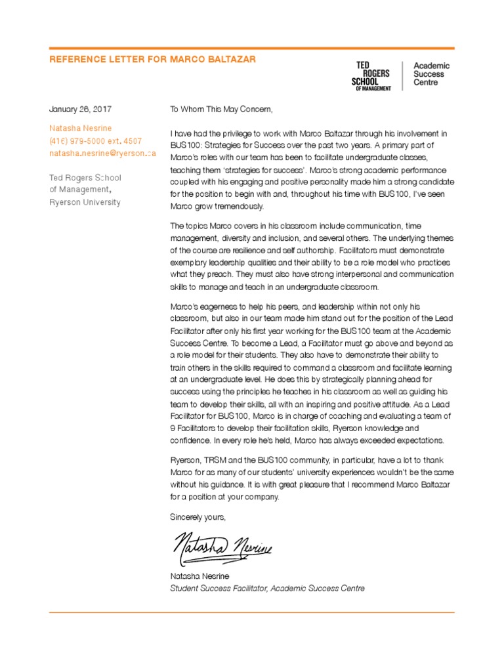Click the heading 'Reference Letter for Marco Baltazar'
(x=152, y=60)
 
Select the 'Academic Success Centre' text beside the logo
(x=431, y=74)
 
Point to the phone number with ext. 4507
(x=95, y=141)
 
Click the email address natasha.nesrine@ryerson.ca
(x=102, y=154)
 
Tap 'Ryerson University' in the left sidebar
(x=85, y=202)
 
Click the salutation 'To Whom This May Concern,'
(x=220, y=109)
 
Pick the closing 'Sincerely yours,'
(x=198, y=516)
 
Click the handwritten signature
(x=222, y=546)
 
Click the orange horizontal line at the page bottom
(x=252, y=613)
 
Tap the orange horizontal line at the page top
(x=252, y=48)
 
